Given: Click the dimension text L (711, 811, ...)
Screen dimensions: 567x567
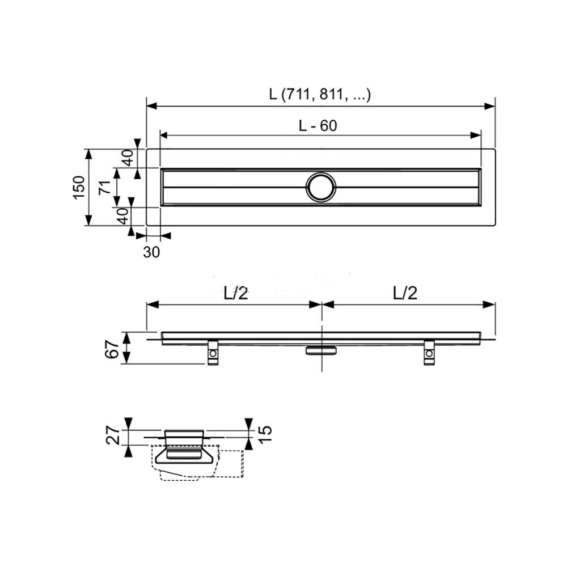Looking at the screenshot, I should (320, 95).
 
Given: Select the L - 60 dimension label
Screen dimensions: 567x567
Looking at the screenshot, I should (318, 126).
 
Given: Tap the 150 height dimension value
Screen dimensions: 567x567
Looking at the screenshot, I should (79, 187).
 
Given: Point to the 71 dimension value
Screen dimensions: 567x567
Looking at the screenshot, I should (104, 187).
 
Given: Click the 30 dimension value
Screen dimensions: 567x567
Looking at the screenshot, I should (151, 252).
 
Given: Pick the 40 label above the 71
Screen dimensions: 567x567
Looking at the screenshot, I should (128, 157).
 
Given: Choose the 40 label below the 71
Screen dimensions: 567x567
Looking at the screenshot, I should (121, 216).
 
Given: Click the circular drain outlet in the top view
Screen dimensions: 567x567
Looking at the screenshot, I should (321, 187).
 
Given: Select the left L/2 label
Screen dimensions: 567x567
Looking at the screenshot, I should (235, 293).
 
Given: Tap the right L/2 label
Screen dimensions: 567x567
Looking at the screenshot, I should (405, 293).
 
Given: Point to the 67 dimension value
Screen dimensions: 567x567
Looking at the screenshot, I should (113, 349).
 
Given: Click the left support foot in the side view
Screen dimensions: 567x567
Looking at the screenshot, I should (213, 353).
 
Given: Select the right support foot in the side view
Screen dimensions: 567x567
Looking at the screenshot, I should (429, 353).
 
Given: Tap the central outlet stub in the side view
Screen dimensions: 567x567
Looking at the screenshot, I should (321, 350).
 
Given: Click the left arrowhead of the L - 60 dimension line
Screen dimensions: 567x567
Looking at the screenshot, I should (164, 136).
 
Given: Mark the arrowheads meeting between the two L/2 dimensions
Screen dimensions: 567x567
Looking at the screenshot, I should (321, 304).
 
